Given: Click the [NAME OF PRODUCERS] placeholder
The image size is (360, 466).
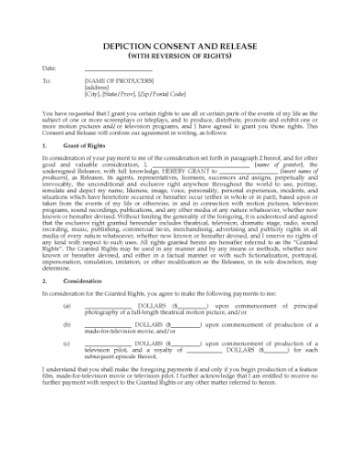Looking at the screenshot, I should [x=118, y=81].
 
